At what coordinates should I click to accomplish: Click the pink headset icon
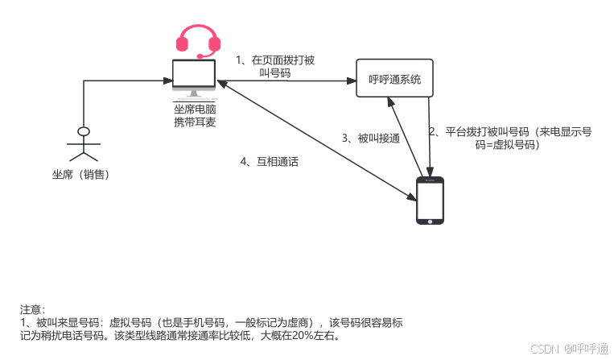[197, 40]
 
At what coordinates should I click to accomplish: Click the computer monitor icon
[194, 77]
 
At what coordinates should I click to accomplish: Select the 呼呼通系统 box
[394, 80]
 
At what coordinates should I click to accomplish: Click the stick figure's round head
[82, 130]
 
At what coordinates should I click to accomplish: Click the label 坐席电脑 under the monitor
[195, 110]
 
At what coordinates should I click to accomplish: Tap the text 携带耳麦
[195, 122]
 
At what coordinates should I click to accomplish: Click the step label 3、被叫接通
[370, 138]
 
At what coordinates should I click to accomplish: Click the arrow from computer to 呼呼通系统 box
[290, 81]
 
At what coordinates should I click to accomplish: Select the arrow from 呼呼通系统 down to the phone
[432, 137]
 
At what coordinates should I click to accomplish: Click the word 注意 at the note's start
[32, 309]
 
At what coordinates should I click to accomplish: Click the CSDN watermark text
[544, 348]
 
